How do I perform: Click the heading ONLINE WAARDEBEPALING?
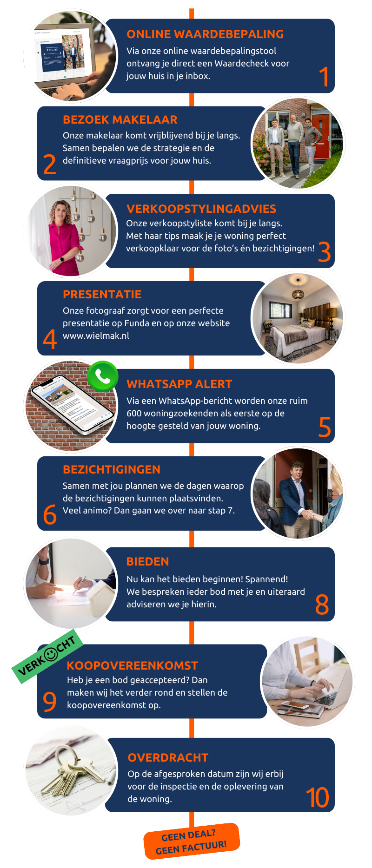[x=205, y=34]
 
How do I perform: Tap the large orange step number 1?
[x=325, y=77]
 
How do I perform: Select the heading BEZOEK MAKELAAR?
[x=120, y=119]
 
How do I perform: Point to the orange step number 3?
[x=325, y=252]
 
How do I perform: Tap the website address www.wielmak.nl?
[x=96, y=335]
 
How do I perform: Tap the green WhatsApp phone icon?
[x=102, y=376]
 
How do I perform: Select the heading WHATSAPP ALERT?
[x=179, y=384]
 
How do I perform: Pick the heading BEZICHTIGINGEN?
[x=112, y=469]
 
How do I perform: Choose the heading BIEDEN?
[x=147, y=561]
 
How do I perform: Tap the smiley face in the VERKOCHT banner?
[x=51, y=654]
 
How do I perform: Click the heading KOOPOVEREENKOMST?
[x=133, y=665]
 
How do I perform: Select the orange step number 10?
[x=317, y=797]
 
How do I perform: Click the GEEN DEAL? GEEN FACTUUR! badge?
[x=192, y=842]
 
